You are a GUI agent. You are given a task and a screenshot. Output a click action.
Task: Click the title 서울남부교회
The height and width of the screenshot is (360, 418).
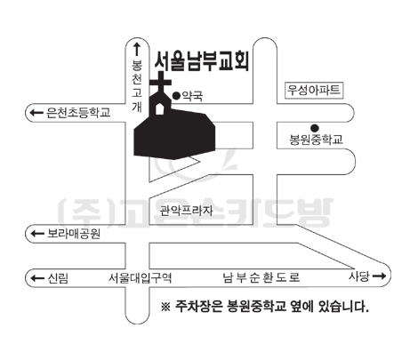[x=202, y=61]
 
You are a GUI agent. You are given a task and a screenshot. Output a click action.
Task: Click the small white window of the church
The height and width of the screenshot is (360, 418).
[x=160, y=108]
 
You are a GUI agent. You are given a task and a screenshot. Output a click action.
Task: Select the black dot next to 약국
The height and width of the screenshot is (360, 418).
[x=176, y=96]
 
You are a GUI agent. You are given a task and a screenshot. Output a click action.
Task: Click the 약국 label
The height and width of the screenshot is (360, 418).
[x=192, y=96]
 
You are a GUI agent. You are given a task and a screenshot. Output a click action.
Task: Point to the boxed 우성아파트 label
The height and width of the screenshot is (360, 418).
[x=314, y=90]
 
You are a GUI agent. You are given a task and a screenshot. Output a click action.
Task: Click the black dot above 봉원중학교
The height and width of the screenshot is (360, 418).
[x=315, y=128]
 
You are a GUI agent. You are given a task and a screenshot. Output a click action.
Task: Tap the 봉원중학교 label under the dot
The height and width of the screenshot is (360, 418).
[x=316, y=140]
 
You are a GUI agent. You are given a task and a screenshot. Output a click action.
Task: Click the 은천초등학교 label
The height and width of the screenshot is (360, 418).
[x=78, y=113]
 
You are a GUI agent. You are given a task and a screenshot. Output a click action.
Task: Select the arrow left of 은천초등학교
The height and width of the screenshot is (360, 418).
[x=36, y=113]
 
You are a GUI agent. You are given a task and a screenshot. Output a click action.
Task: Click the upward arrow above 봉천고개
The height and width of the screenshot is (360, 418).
[x=137, y=49]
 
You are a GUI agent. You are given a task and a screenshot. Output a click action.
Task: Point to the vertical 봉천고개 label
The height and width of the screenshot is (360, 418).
[x=137, y=86]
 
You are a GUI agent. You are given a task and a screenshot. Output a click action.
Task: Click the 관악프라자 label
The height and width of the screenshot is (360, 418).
[x=186, y=211]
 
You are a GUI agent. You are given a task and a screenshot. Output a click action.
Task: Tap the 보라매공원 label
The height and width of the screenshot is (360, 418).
[x=74, y=234]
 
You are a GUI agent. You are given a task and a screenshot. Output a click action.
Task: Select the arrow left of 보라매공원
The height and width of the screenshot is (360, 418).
[x=37, y=234]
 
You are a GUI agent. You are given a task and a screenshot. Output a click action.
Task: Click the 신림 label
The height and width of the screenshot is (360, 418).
[x=58, y=278]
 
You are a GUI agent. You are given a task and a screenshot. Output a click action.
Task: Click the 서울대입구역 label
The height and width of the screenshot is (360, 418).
[x=140, y=278]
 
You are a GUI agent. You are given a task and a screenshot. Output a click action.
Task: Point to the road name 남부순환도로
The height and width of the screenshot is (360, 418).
[x=261, y=277]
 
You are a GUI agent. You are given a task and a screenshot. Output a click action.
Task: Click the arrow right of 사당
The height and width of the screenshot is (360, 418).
[x=379, y=276]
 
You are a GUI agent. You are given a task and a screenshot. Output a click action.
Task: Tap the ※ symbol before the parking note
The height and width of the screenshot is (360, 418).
[x=165, y=307]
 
